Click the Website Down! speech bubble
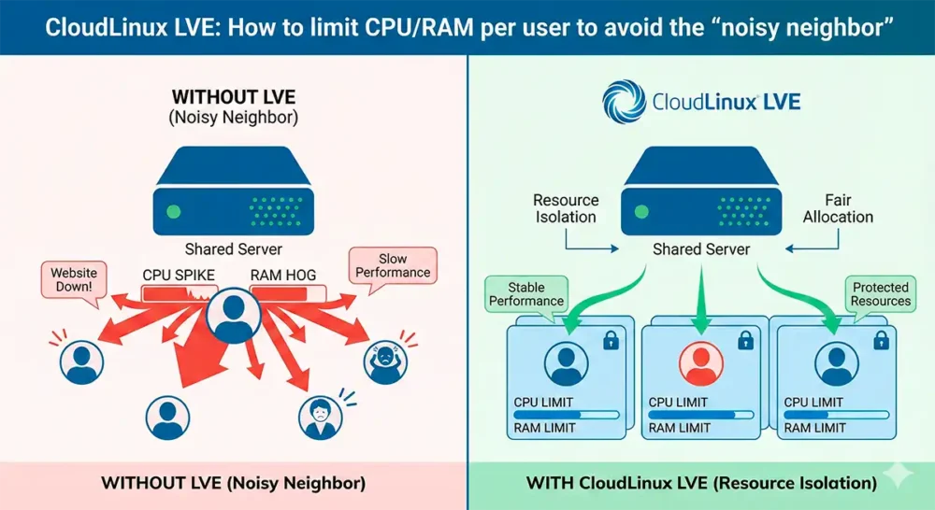click(x=74, y=280)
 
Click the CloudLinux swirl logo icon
click(x=624, y=102)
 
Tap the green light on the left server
click(x=174, y=211)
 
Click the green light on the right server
click(x=641, y=211)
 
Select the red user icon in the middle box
click(x=700, y=363)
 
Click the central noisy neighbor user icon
click(x=233, y=315)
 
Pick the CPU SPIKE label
click(x=179, y=276)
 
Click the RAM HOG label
click(x=283, y=276)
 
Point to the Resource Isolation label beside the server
click(x=566, y=208)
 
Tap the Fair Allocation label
click(x=838, y=208)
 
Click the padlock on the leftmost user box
click(x=611, y=340)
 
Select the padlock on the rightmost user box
click(x=881, y=340)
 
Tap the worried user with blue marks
click(x=320, y=418)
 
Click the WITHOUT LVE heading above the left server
click(x=234, y=97)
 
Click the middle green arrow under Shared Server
click(x=701, y=301)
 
